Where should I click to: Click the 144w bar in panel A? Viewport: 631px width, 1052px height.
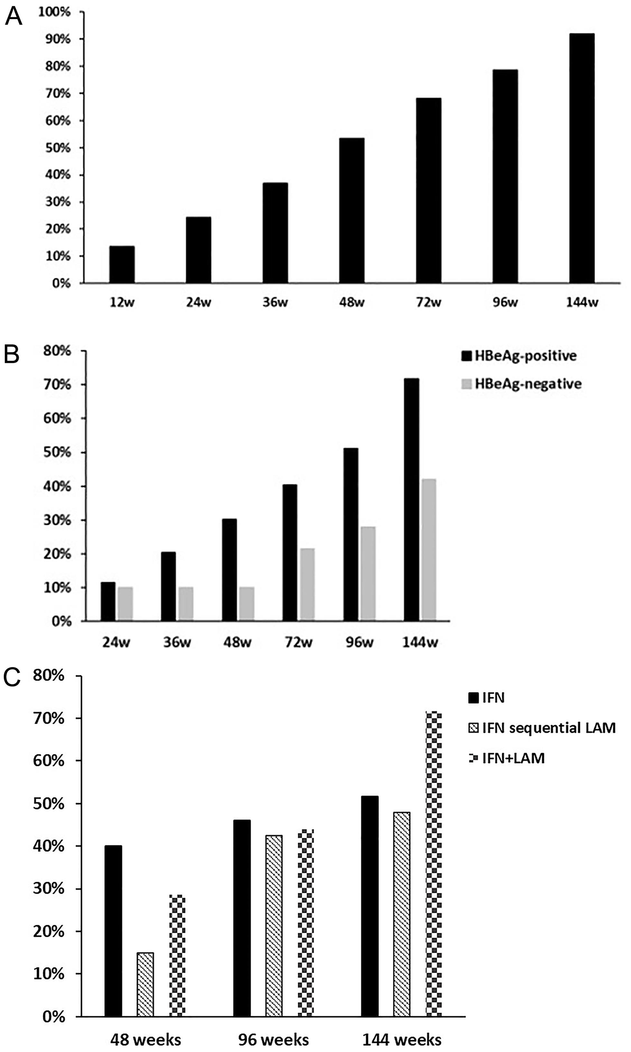(582, 158)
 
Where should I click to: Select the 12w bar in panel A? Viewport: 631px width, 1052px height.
(122, 265)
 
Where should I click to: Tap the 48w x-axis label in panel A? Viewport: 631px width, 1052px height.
(352, 303)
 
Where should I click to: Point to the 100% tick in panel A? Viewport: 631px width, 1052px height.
(54, 12)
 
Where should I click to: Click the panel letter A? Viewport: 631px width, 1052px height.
(13, 18)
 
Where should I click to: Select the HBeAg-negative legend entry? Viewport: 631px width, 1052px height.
(521, 384)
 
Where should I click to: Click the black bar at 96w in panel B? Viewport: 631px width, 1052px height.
(351, 534)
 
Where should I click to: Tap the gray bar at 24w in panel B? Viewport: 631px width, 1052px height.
(125, 604)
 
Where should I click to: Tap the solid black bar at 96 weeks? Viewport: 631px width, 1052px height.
(242, 918)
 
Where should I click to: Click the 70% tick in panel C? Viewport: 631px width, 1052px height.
(49, 719)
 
